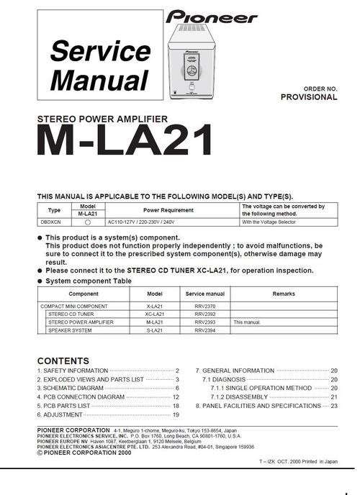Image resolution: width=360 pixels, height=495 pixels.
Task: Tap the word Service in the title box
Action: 99,52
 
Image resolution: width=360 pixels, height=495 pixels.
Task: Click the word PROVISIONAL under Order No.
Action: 308,97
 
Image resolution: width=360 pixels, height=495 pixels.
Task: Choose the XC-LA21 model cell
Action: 155,314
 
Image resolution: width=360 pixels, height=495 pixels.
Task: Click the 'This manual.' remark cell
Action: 247,323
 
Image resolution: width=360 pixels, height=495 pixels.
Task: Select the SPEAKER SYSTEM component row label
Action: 70,331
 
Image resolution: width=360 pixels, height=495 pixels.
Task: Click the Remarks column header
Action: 284,294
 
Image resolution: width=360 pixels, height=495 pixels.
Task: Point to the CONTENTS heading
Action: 63,361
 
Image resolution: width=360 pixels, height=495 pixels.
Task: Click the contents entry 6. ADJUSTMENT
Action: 60,415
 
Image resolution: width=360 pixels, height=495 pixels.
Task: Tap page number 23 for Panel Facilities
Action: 333,407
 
